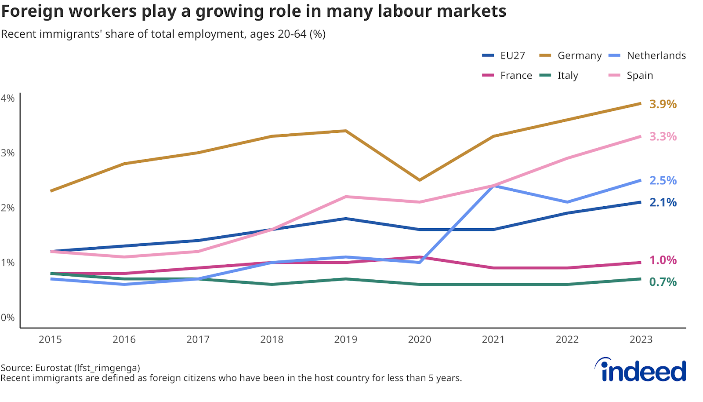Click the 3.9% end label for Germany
pos(663,104)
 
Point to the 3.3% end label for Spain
pos(663,136)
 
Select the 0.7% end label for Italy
pos(663,282)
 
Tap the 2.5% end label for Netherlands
pos(663,180)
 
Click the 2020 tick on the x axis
pos(419,340)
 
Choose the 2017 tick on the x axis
pos(198,340)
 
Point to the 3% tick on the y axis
pos(7,153)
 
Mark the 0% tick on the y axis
pos(7,318)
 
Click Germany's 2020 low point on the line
pos(420,180)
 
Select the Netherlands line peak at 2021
pos(493,186)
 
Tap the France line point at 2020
pos(420,257)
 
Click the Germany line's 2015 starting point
pos(51,191)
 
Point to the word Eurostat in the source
pos(53,368)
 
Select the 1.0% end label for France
pos(663,260)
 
